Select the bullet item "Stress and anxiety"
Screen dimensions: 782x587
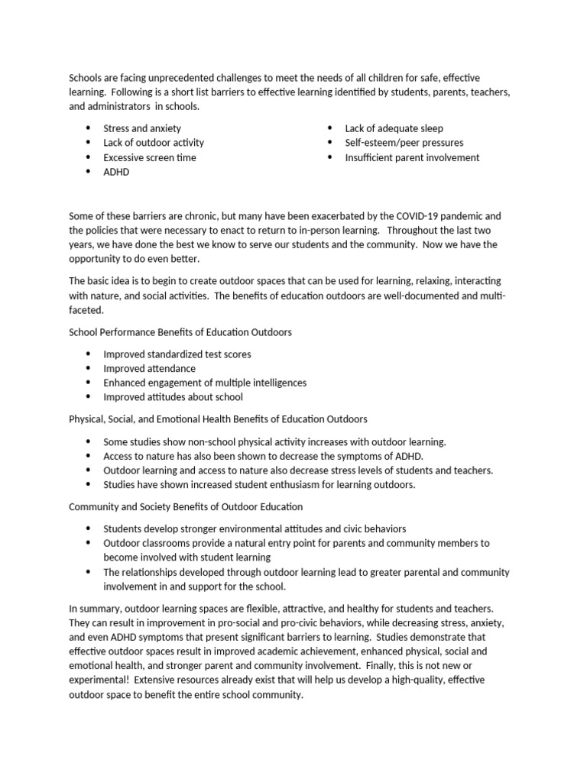tap(142, 128)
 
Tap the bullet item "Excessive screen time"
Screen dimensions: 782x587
tap(150, 157)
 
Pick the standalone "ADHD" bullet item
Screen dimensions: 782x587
tap(116, 172)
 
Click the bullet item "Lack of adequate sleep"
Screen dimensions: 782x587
tap(394, 128)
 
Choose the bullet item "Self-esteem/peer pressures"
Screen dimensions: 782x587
tap(404, 143)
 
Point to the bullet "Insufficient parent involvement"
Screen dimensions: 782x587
tap(412, 157)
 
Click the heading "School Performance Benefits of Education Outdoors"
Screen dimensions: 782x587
tap(180, 333)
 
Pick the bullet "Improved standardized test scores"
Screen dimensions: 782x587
tap(177, 354)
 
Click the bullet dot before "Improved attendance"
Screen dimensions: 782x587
tap(88, 369)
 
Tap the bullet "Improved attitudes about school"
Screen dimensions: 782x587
tap(173, 397)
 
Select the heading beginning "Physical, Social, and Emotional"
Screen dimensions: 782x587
tap(218, 419)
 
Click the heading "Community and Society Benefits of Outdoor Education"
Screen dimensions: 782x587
tap(186, 506)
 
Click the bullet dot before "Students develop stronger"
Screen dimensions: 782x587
tap(88, 528)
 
